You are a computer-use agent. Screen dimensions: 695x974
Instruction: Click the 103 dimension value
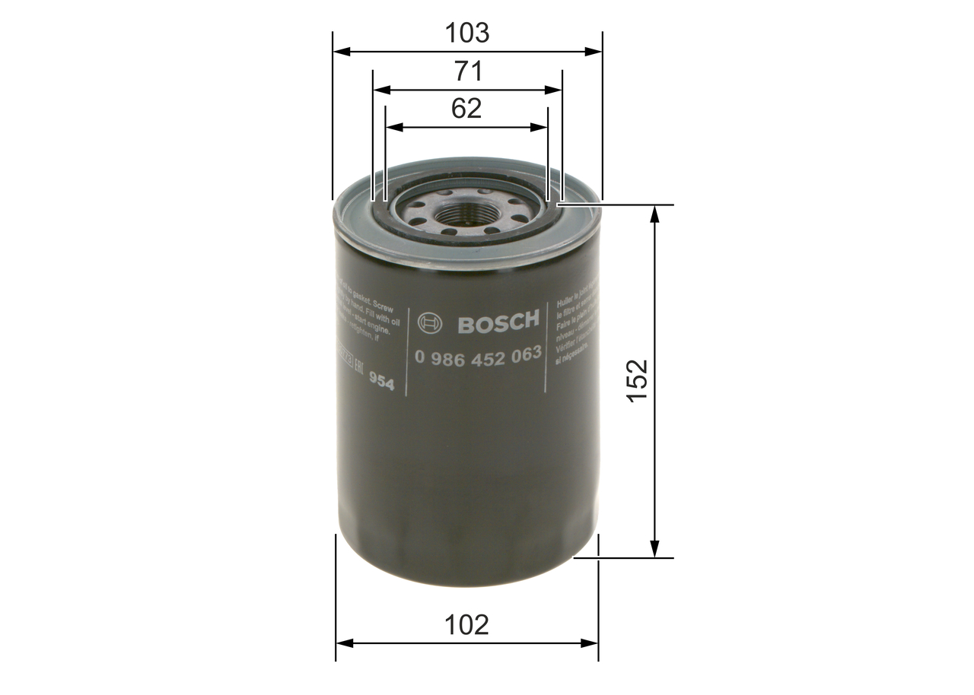[x=467, y=33]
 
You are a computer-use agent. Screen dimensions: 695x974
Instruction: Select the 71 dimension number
[x=467, y=71]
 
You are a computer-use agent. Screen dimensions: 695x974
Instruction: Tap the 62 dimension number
[x=466, y=109]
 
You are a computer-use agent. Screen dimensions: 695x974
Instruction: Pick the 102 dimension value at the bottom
[x=466, y=624]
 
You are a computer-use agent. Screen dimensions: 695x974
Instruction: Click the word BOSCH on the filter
[x=498, y=322]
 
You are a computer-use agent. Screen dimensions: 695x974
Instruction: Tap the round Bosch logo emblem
[x=431, y=323]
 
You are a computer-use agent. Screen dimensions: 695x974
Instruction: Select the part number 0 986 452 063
[x=478, y=354]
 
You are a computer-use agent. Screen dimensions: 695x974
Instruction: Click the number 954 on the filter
[x=381, y=382]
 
